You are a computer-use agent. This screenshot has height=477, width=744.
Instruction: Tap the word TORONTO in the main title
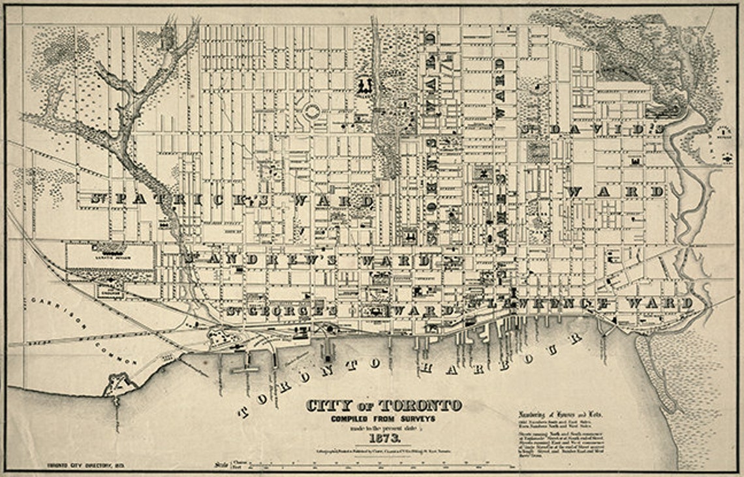point(422,406)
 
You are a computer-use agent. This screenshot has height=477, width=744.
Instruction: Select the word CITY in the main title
point(328,406)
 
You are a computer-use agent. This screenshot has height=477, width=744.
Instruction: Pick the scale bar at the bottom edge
point(365,466)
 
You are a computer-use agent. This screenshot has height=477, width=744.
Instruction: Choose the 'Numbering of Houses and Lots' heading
point(561,414)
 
